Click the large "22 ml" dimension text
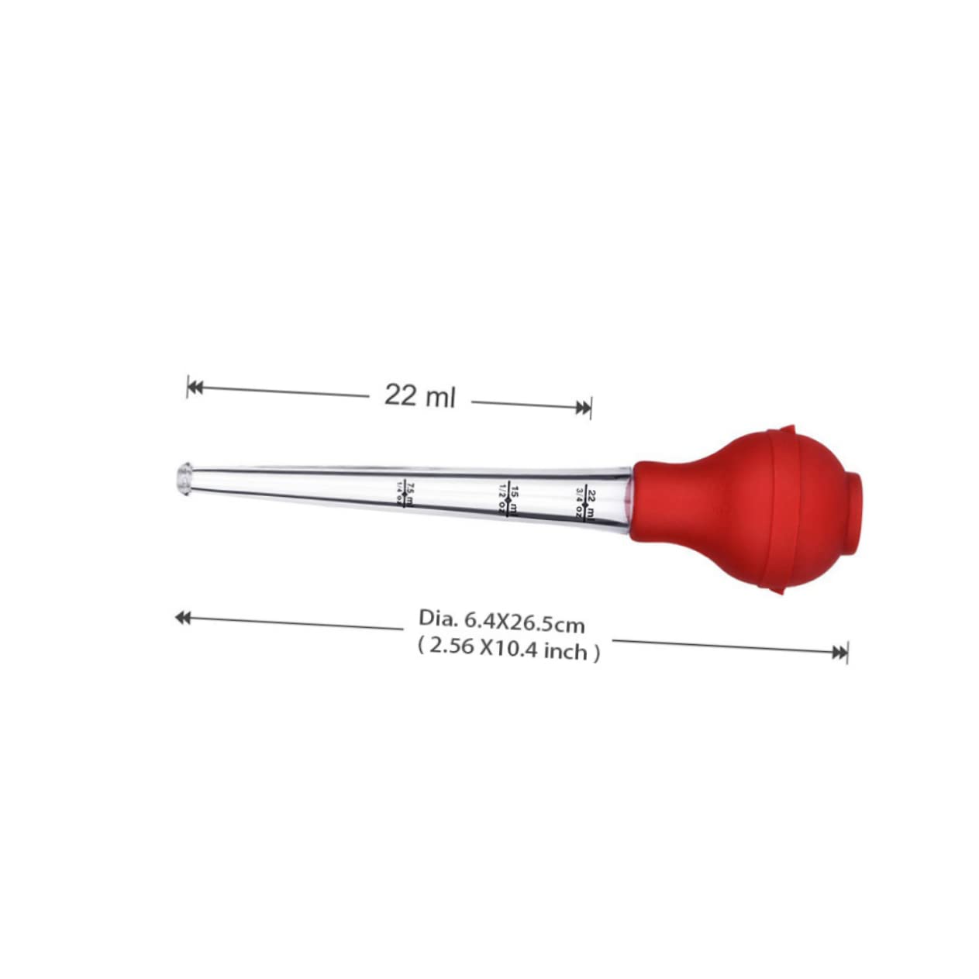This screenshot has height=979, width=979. tap(419, 396)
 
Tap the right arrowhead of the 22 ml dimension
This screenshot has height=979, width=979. tap(584, 408)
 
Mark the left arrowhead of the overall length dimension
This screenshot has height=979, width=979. tap(183, 617)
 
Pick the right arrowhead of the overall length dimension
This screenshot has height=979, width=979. tap(839, 653)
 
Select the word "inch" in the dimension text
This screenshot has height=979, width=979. tap(565, 652)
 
